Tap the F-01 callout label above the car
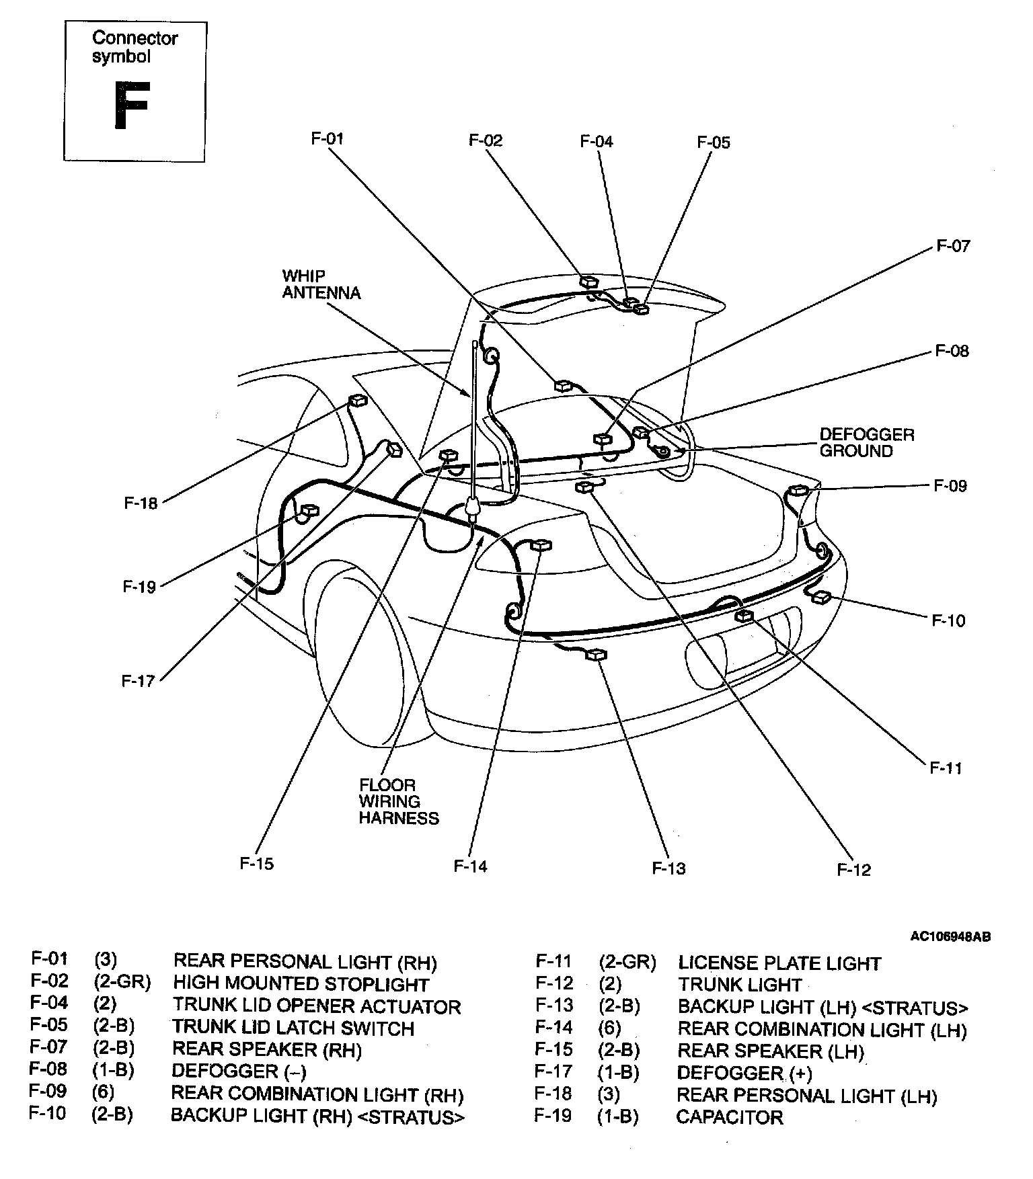(x=327, y=138)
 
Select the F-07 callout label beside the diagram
(x=953, y=246)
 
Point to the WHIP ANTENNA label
(x=321, y=284)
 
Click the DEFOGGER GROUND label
(x=866, y=443)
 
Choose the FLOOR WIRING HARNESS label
(x=398, y=801)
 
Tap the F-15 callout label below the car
(x=257, y=864)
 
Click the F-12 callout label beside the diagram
(x=853, y=870)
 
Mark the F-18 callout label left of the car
(x=141, y=503)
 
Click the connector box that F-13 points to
(x=596, y=655)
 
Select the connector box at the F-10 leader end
(x=821, y=597)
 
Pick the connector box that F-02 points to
(x=589, y=281)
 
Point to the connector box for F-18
(x=358, y=401)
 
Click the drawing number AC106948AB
(x=950, y=936)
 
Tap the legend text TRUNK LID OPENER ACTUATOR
(x=317, y=1006)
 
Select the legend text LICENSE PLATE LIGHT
(x=779, y=963)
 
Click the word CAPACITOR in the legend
(x=729, y=1117)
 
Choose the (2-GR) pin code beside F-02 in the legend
(x=122, y=983)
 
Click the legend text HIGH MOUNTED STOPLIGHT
(x=301, y=984)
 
